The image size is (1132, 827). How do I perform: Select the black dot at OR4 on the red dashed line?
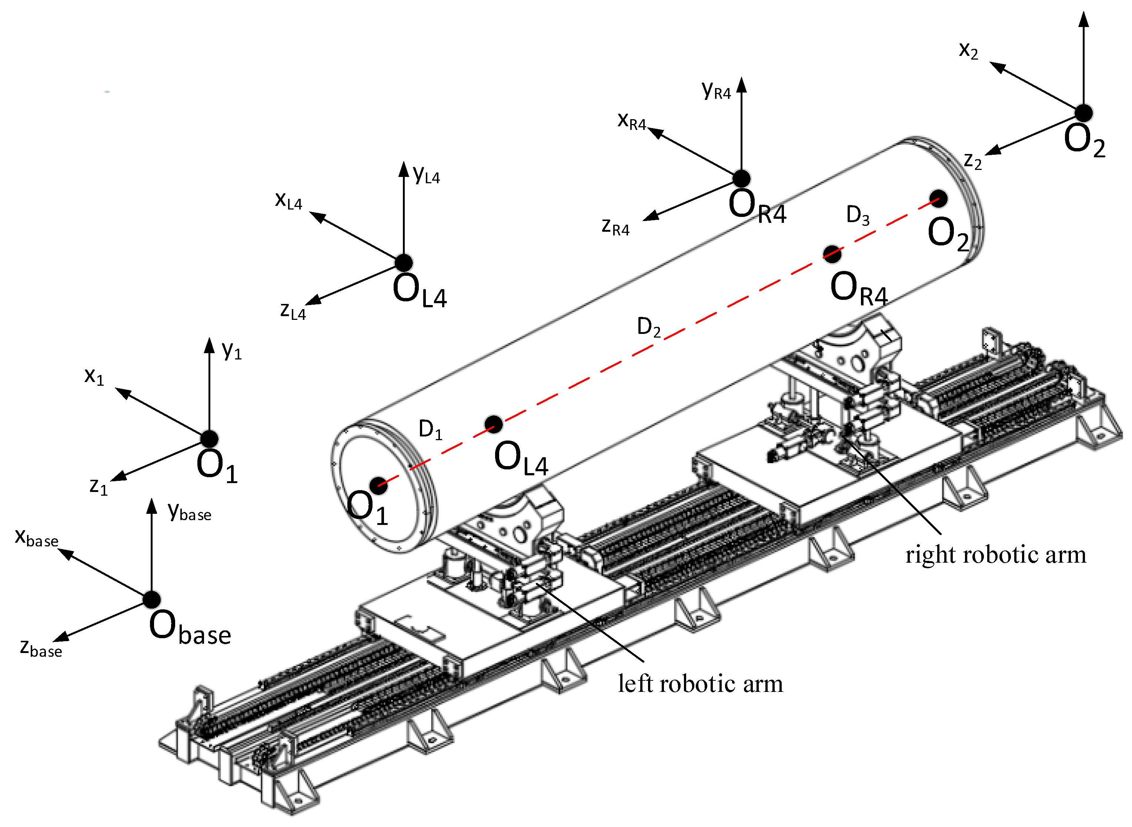tap(832, 254)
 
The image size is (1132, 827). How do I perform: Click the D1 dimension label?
tap(430, 429)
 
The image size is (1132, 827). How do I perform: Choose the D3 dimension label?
tap(858, 215)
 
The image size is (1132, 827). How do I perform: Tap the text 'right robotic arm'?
tap(995, 555)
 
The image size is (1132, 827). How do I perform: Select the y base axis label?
tap(189, 512)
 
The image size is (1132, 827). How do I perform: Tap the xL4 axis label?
tap(288, 200)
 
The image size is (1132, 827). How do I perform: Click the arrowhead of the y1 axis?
tap(209, 345)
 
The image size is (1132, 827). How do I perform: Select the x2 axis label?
tap(968, 51)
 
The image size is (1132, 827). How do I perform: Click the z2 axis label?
tap(972, 161)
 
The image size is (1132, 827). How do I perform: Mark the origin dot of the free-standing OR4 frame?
tap(741, 178)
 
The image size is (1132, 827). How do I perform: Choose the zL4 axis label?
tap(293, 311)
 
